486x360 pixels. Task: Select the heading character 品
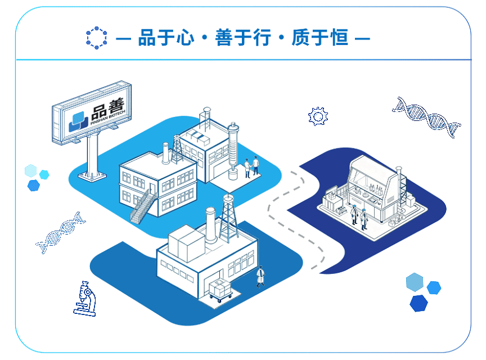(147, 38)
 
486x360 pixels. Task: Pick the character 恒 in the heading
(339, 38)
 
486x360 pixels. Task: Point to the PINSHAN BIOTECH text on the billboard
(108, 117)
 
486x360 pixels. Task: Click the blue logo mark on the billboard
(78, 121)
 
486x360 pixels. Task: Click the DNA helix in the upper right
(427, 117)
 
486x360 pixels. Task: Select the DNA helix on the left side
(61, 232)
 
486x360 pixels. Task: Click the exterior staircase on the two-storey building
(143, 207)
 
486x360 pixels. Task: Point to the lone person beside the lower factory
(260, 277)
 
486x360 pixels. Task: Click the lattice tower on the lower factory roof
(228, 218)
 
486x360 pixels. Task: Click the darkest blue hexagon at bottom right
(418, 303)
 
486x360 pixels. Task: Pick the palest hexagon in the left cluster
(31, 170)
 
